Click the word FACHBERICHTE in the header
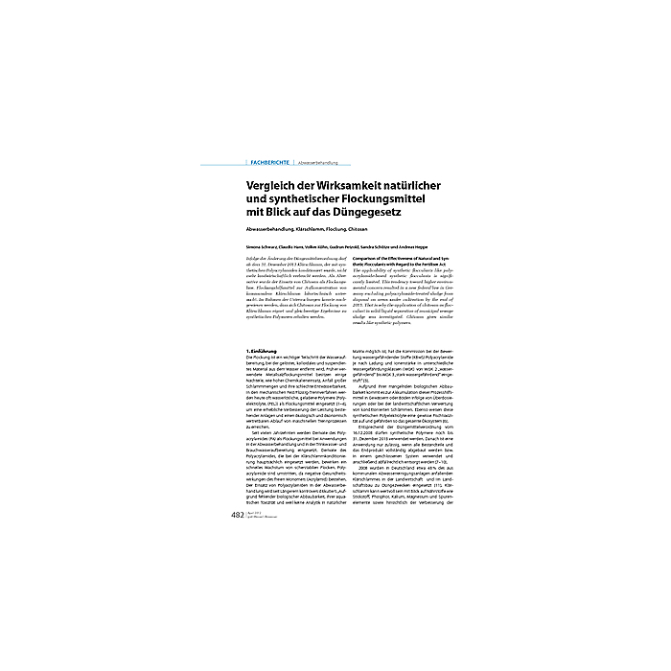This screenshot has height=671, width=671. (269, 164)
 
